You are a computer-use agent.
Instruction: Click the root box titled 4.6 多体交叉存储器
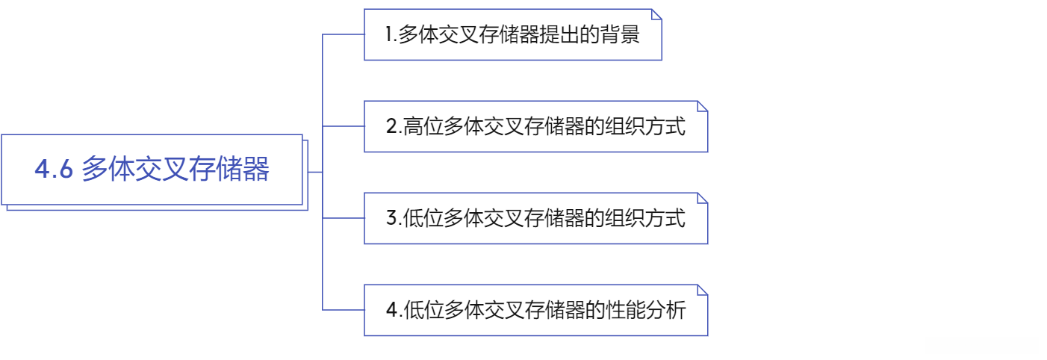[152, 170]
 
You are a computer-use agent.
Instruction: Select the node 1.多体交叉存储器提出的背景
[512, 34]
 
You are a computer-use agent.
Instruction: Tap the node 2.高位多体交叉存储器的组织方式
[535, 126]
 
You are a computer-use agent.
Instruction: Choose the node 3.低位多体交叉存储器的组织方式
[535, 218]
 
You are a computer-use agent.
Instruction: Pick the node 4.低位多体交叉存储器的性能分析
[535, 310]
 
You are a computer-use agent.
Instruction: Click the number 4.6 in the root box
[54, 170]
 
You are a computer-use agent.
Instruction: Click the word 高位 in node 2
[423, 127]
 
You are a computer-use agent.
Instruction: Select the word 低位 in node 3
[423, 219]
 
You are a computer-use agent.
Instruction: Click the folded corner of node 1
[656, 14]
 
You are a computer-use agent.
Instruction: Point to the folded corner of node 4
[702, 290]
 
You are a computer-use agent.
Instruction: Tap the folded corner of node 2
[702, 106]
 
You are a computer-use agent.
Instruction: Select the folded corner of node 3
[702, 198]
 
